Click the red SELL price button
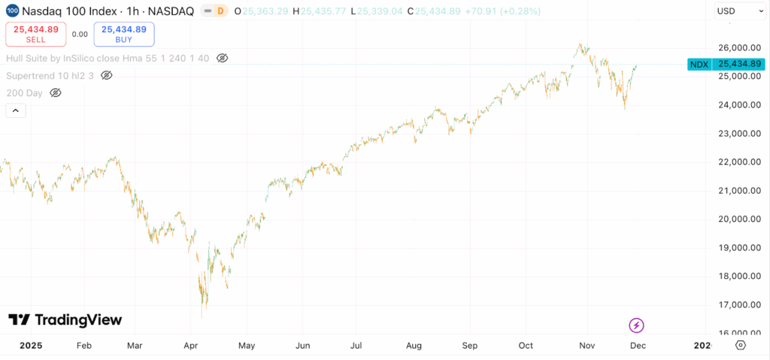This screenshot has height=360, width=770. (x=30, y=34)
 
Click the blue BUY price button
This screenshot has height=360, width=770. (x=123, y=34)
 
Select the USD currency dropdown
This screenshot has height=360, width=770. (x=735, y=11)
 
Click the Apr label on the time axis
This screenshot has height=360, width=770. (x=190, y=346)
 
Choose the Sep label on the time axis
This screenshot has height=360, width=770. (x=470, y=346)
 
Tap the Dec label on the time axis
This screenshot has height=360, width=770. (x=637, y=346)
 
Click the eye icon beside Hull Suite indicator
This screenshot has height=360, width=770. (x=222, y=58)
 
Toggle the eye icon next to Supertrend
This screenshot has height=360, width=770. (x=107, y=75)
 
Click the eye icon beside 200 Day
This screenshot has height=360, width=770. (x=55, y=92)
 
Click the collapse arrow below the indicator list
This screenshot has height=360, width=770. (x=16, y=110)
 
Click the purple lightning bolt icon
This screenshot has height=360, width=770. (x=636, y=325)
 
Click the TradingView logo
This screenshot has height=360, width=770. (x=65, y=319)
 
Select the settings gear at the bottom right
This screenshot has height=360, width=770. (x=740, y=345)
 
